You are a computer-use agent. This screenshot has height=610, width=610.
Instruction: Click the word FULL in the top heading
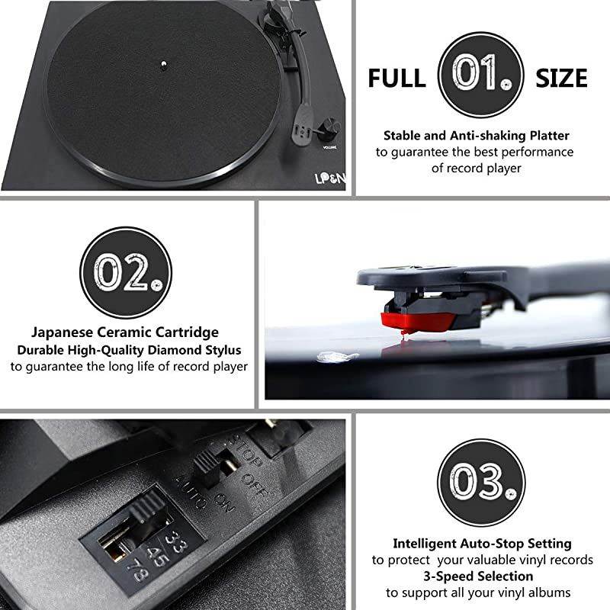coord(396,78)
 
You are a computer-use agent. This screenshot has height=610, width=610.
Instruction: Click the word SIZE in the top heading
coord(561,78)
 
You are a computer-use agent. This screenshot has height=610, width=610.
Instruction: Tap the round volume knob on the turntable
coord(332,124)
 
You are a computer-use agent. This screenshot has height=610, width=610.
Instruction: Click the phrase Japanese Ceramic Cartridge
coord(125,332)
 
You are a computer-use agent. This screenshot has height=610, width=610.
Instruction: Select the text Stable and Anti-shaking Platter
coord(477,135)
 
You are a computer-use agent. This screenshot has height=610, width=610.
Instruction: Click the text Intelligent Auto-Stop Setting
coord(482,544)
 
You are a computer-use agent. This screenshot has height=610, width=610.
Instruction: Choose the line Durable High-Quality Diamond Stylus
coord(130,349)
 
